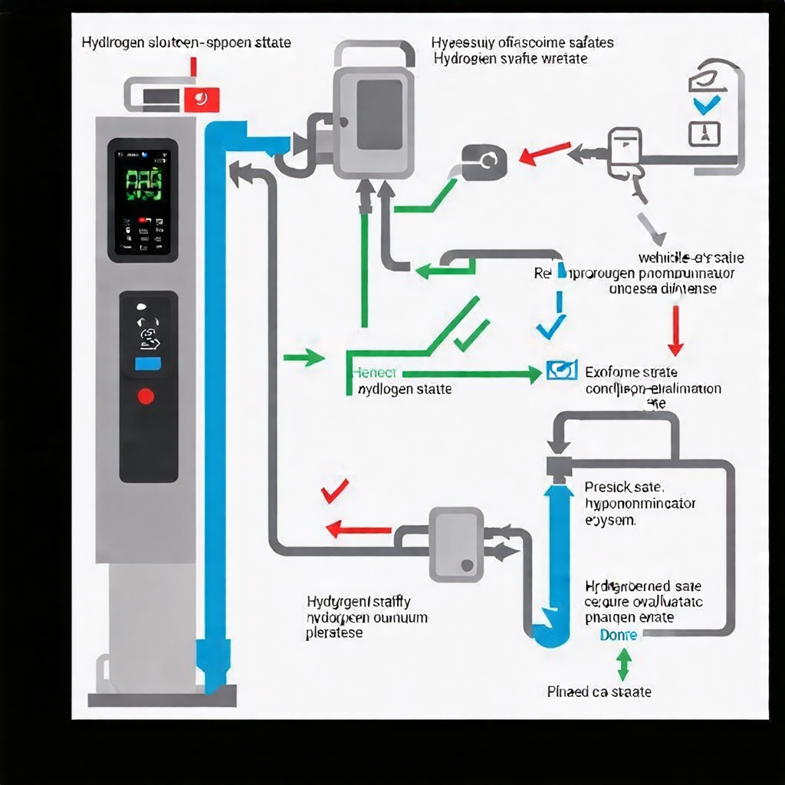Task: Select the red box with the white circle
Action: [202, 98]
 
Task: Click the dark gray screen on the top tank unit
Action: [379, 114]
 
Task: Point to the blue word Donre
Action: [619, 635]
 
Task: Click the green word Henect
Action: [375, 373]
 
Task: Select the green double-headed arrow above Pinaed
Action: [622, 664]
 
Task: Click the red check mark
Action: [335, 490]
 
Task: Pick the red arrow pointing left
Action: [358, 529]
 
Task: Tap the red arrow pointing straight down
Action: [675, 330]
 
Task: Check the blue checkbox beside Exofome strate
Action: [562, 372]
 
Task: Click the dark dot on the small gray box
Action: [465, 566]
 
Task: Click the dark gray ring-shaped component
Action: [484, 160]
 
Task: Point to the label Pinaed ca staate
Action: [599, 691]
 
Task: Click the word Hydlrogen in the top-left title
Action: [114, 43]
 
